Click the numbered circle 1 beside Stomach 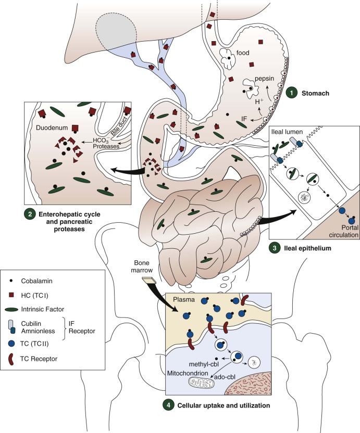292,93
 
